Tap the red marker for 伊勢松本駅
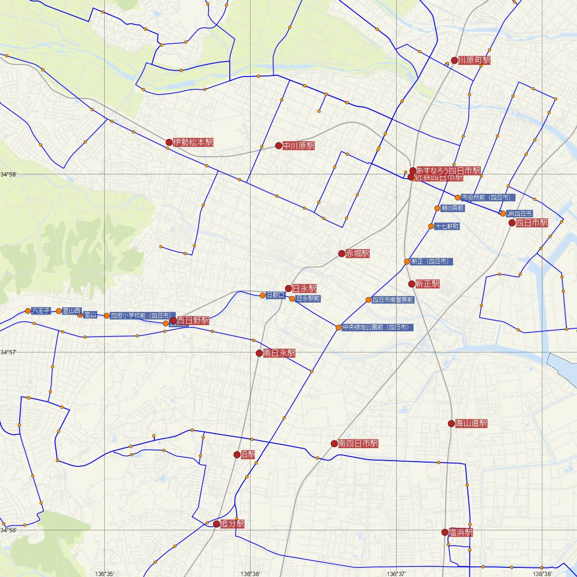click(x=169, y=142)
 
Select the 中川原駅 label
click(x=299, y=146)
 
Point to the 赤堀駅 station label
click(x=357, y=253)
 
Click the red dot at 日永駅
click(x=288, y=288)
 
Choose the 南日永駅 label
click(x=279, y=353)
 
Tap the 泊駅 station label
click(x=248, y=455)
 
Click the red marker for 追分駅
click(x=216, y=524)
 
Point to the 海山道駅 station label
click(x=471, y=424)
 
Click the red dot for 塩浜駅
click(x=445, y=532)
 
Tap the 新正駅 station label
click(x=427, y=284)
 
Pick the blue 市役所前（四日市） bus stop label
click(x=488, y=198)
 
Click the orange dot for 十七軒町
click(x=431, y=226)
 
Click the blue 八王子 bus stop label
click(x=41, y=311)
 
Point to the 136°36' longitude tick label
click(x=251, y=574)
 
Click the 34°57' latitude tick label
click(x=8, y=352)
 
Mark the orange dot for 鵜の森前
click(x=437, y=208)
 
